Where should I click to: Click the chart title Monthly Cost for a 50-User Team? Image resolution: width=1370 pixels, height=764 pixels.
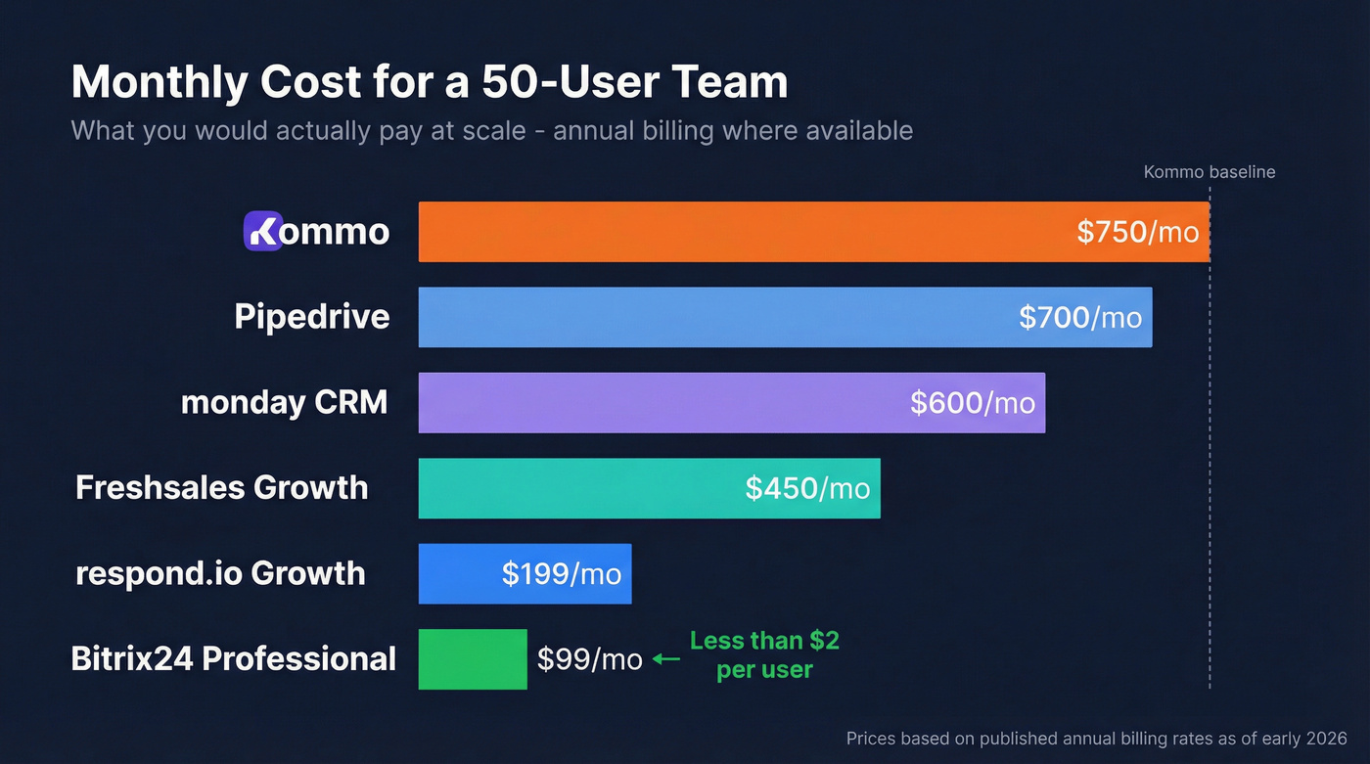(x=429, y=82)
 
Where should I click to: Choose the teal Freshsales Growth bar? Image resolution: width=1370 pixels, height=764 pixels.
(x=577, y=487)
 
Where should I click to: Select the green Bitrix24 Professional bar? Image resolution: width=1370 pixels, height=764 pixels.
(x=473, y=659)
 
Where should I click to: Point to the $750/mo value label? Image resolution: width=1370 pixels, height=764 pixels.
(x=1137, y=232)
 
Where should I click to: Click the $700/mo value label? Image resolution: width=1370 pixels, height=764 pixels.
(x=1080, y=317)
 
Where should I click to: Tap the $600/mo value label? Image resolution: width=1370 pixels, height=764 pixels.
(x=972, y=402)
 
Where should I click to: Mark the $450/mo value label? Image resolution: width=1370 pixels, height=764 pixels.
(x=807, y=487)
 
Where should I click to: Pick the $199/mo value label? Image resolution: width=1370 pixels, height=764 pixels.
(x=562, y=573)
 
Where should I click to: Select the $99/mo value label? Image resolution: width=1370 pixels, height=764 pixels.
(x=589, y=659)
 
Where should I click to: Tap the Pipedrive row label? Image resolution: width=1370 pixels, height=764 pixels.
(x=311, y=317)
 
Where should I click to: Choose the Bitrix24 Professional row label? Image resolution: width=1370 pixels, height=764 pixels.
(x=234, y=658)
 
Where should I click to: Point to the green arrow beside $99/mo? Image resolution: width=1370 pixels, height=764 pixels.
(x=666, y=659)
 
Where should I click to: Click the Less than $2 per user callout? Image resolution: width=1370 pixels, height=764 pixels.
(x=764, y=654)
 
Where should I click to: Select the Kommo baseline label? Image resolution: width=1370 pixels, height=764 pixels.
(x=1209, y=172)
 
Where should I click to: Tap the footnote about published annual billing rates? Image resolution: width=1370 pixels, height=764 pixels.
(x=1096, y=739)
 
